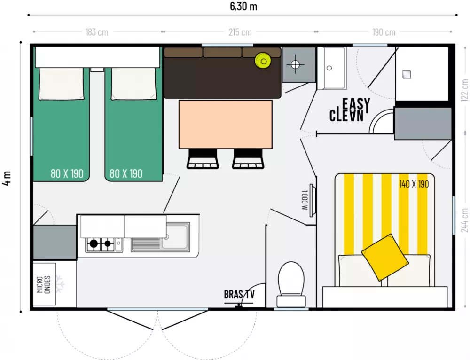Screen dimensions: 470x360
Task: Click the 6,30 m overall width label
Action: tap(243, 6)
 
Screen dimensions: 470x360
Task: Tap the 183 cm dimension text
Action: tap(97, 32)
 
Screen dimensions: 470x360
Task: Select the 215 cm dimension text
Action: tap(240, 32)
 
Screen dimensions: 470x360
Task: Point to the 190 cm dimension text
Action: tap(384, 32)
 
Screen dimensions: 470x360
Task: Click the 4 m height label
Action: tap(7, 179)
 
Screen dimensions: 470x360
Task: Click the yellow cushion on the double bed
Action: tap(385, 257)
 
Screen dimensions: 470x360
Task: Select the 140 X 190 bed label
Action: tap(414, 184)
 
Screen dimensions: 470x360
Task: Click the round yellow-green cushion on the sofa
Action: tap(263, 61)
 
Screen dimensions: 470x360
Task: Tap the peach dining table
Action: tap(226, 124)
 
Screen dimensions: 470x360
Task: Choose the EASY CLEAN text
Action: tap(350, 110)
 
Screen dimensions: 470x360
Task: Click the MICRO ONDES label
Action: tap(44, 284)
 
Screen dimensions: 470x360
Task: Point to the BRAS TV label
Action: tap(239, 294)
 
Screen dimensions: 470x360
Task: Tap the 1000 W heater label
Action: tap(305, 200)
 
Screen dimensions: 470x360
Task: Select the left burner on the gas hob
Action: tap(94, 243)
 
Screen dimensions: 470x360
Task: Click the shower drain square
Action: tap(407, 74)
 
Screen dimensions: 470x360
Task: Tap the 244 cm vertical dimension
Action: tap(465, 220)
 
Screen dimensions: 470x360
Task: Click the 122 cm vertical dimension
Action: tap(465, 90)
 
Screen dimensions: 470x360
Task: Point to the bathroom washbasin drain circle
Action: tap(329, 68)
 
